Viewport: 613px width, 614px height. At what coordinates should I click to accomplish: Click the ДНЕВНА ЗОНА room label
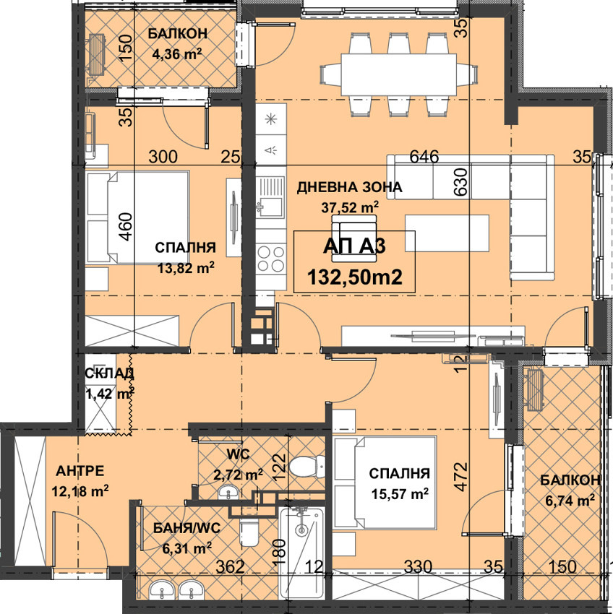coord(349,187)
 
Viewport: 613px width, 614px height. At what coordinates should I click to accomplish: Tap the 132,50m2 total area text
coord(355,277)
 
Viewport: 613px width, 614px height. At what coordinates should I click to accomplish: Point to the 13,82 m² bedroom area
coord(186,268)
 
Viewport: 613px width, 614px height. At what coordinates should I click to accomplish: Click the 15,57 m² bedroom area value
coord(400,494)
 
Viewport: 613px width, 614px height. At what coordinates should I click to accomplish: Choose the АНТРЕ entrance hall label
coord(80,471)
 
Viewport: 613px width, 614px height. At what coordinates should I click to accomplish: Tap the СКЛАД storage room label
coord(109,373)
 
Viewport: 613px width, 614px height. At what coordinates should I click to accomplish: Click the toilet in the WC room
coord(307,467)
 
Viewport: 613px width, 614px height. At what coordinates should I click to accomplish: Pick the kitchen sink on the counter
coord(270,197)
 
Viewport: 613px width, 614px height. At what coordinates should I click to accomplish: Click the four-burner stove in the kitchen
coord(270,258)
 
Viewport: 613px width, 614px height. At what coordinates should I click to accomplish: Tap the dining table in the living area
coord(398,74)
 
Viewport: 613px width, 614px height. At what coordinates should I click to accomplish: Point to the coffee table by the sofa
coord(447,233)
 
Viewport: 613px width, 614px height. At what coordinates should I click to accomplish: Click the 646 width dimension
coord(424,157)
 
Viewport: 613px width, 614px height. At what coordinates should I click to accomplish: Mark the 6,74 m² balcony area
coord(570,500)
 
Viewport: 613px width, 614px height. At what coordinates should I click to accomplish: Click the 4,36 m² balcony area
coord(177,53)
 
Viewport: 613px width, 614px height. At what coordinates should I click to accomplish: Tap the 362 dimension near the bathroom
coord(231,566)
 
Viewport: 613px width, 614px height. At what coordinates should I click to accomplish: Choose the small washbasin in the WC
coord(228,492)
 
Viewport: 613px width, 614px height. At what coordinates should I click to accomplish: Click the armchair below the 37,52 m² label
coord(354,238)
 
